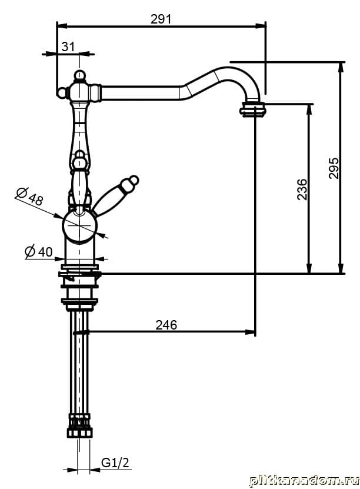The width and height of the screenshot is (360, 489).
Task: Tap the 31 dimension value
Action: pos(68,46)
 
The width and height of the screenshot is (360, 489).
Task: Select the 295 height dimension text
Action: pos(334,168)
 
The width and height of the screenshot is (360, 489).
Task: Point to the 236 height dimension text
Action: pos(302,189)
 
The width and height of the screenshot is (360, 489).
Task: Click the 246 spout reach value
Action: pos(166,324)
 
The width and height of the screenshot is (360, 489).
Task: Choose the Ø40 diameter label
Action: pos(39,252)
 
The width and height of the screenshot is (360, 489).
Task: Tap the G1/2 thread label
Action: pos(115,463)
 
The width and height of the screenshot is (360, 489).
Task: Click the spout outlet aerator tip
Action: pos(253,109)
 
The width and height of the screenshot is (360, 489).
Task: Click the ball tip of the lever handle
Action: pos(134,179)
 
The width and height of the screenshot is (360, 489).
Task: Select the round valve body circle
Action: pos(79,227)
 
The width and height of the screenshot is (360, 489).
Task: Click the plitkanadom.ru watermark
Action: pos(303,480)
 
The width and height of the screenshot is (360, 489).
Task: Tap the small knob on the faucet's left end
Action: pos(61,92)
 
